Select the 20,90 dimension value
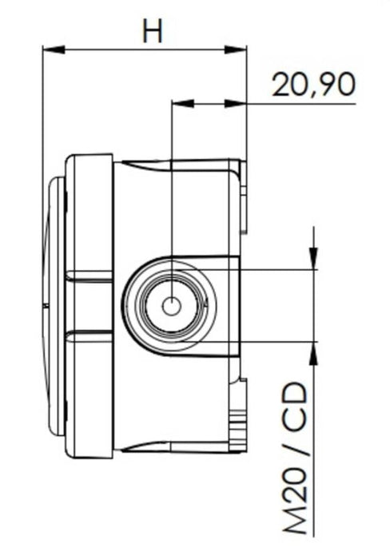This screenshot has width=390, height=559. click(x=313, y=85)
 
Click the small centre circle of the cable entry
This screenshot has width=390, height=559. click(x=171, y=306)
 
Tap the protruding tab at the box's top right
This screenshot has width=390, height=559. click(x=244, y=192)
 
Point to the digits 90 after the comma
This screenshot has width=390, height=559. click(x=336, y=85)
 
